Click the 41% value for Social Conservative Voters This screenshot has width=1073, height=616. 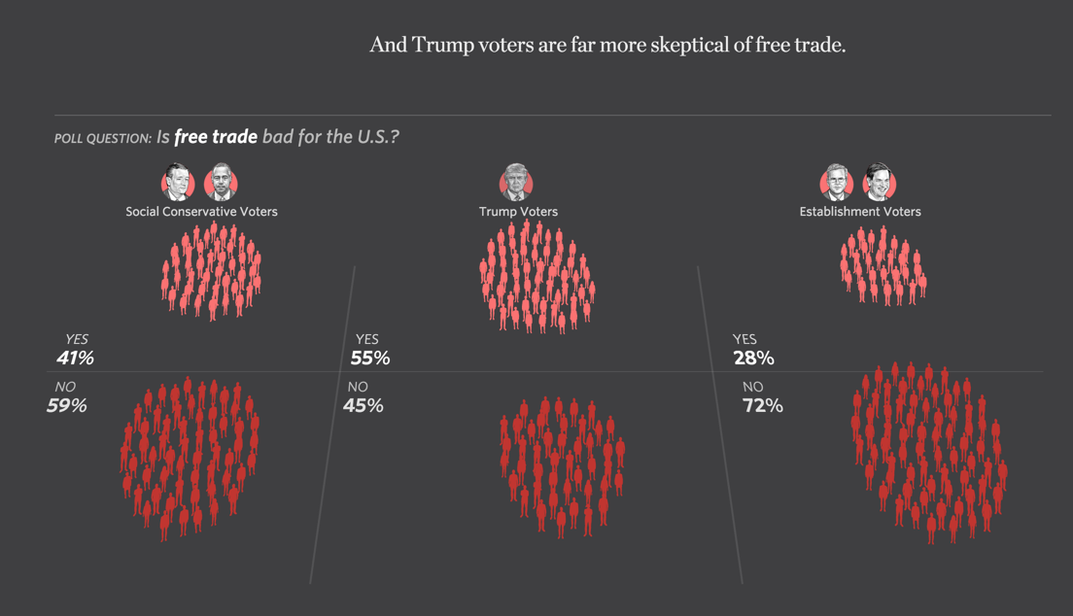[x=75, y=358]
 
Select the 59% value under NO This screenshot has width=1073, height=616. [x=66, y=405]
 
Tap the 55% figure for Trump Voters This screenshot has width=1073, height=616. [x=370, y=358]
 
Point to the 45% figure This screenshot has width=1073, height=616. [x=363, y=405]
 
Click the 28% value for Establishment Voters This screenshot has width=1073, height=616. [x=753, y=358]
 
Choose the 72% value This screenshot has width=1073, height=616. [x=762, y=405]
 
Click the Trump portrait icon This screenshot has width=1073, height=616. [x=517, y=182]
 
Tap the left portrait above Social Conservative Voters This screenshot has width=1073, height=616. [x=178, y=182]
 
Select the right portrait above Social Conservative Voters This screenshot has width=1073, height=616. [x=222, y=182]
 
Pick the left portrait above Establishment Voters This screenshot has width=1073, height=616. [x=836, y=182]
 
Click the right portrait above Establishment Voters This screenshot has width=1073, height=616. [x=879, y=182]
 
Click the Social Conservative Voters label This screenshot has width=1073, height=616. [x=201, y=211]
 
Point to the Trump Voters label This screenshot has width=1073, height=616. [x=518, y=211]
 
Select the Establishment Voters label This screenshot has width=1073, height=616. [x=860, y=211]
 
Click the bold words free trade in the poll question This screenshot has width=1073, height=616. [x=216, y=136]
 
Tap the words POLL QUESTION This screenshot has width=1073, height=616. [x=102, y=138]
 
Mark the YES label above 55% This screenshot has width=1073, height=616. [x=366, y=339]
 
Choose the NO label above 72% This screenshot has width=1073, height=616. [x=752, y=387]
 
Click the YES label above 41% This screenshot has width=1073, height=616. [x=76, y=339]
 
